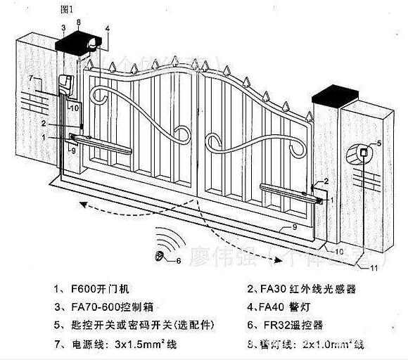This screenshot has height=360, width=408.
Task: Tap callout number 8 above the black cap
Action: tap(78, 24)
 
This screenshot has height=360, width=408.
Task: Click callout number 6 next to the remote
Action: tap(178, 260)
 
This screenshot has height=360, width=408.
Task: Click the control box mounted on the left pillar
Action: tap(67, 84)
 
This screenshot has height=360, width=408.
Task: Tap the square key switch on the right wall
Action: tap(364, 152)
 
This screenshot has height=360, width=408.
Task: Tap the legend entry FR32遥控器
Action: tap(288, 325)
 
